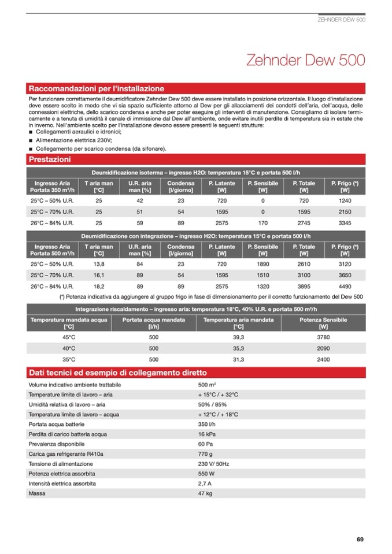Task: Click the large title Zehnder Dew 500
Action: click(305, 61)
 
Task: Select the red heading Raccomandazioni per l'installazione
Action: click(96, 89)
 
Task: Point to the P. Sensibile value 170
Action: click(262, 222)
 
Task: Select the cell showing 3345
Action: click(345, 222)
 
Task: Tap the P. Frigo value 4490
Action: click(345, 286)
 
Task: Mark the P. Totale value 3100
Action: click(304, 275)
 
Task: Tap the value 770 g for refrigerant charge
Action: click(206, 455)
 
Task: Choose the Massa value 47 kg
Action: click(205, 494)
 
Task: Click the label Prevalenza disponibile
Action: click(56, 444)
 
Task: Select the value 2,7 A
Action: click(205, 484)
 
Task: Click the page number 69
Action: click(360, 540)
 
